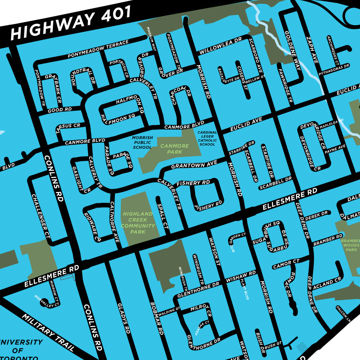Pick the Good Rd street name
[59, 109]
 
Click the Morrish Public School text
[142, 142]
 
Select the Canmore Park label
[174, 149]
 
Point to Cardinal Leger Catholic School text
[207, 138]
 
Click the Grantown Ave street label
[194, 164]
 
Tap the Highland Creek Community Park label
[138, 223]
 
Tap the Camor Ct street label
[286, 264]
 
